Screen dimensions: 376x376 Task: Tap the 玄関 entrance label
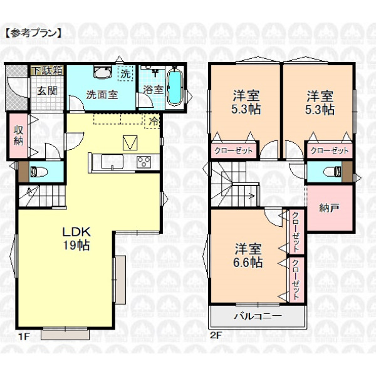[x=47, y=91]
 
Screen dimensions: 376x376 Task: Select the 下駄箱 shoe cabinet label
[x=47, y=70]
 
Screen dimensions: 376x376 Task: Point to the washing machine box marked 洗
[x=125, y=73]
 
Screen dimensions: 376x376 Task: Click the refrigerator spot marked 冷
[x=153, y=122]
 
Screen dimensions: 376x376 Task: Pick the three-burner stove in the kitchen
[x=144, y=162]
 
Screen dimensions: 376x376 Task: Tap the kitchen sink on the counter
[x=112, y=162]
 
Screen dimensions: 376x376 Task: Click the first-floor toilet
[x=39, y=172]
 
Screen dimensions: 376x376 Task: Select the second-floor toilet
[x=332, y=172]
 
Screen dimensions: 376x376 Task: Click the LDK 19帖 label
[x=76, y=239]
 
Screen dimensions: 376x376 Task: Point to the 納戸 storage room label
[x=329, y=208]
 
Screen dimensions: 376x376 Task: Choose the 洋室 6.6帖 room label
[x=248, y=255]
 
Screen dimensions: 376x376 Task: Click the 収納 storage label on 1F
[x=18, y=135]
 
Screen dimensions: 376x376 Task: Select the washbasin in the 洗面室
[x=103, y=71]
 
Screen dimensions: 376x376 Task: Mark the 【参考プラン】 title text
[x=33, y=33]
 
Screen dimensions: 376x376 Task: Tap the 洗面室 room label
[x=102, y=95]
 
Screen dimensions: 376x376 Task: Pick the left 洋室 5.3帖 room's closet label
[x=233, y=150]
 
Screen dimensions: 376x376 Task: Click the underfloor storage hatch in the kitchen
[x=130, y=143]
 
